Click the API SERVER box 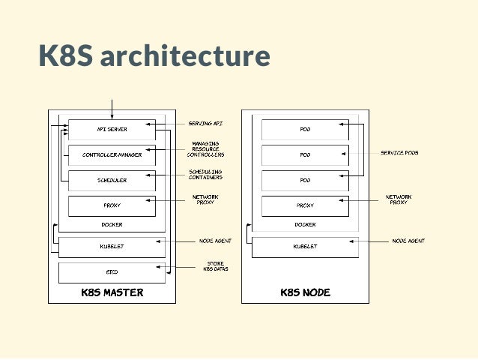point(112,129)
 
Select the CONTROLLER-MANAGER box point(112,155)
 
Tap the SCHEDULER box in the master point(112,181)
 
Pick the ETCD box point(112,272)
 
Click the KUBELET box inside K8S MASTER point(112,247)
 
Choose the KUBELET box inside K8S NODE point(305,247)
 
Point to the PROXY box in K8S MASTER point(112,205)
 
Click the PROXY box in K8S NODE point(305,205)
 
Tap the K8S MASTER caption point(112,292)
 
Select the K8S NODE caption point(305,292)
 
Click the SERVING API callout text point(205,123)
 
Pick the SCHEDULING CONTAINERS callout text point(205,174)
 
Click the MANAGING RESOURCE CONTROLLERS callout point(205,148)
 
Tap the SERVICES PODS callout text point(399,152)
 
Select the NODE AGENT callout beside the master point(215,241)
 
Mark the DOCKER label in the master point(112,224)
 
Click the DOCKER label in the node point(305,224)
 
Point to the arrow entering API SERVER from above point(112,109)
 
